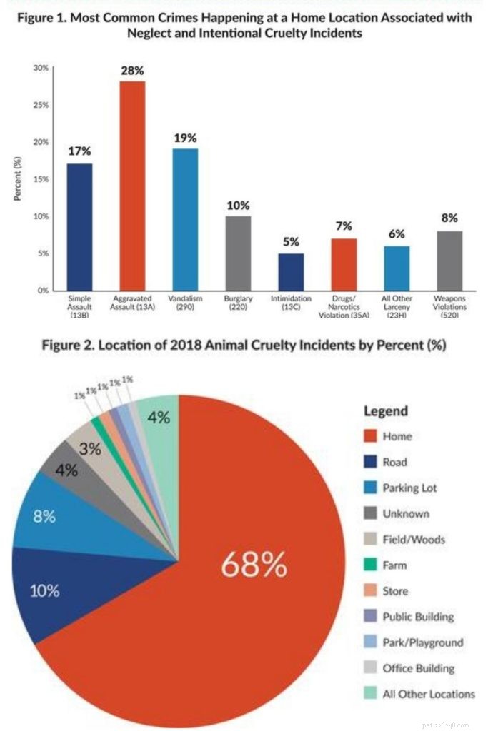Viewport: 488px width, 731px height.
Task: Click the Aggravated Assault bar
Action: (132, 186)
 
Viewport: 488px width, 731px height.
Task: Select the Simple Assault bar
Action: (80, 227)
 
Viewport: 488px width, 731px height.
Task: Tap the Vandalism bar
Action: (185, 220)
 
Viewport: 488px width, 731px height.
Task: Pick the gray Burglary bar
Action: (238, 253)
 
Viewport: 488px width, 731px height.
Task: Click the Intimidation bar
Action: (291, 272)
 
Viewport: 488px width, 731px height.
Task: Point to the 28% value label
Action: (132, 71)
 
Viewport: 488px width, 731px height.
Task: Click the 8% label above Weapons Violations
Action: (449, 218)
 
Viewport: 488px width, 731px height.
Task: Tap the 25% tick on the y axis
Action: (41, 105)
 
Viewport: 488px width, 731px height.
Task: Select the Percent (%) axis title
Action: (18, 178)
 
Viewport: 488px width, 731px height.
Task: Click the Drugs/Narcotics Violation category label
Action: (344, 307)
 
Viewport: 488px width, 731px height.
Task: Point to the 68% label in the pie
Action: (254, 565)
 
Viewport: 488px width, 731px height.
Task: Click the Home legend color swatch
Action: (370, 436)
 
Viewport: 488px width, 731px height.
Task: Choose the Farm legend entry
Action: (385, 565)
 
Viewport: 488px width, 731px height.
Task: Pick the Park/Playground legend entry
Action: (414, 642)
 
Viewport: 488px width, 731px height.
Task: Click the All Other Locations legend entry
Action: (419, 694)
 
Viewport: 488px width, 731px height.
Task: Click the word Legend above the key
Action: (386, 410)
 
